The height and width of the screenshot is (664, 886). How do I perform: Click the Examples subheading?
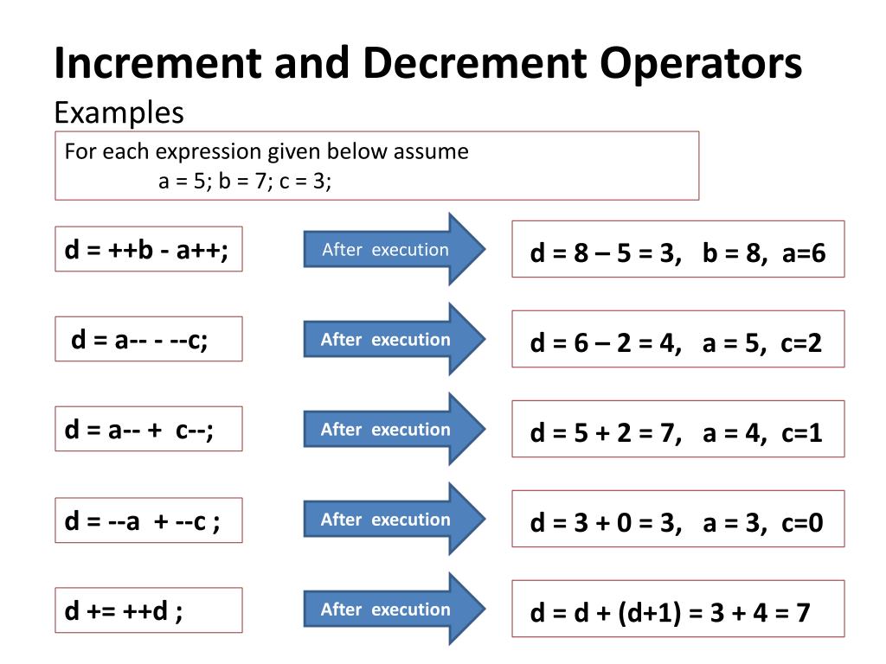click(119, 112)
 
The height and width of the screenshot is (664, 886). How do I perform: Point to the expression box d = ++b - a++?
click(148, 249)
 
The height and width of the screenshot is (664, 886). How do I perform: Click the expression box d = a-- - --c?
click(148, 339)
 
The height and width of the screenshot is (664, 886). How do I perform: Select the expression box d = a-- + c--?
click(148, 429)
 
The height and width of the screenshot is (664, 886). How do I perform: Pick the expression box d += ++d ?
click(148, 610)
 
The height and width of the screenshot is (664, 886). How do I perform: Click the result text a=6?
click(804, 253)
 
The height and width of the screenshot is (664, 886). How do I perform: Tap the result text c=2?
click(800, 343)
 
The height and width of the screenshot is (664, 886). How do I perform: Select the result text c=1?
click(800, 433)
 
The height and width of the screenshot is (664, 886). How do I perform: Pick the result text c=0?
click(800, 523)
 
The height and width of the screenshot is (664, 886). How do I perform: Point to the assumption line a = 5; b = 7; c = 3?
click(245, 182)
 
